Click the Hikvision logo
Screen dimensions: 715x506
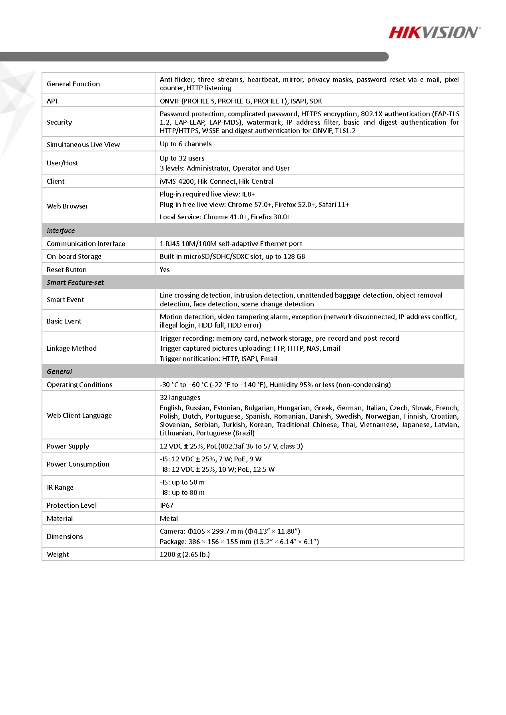(434, 32)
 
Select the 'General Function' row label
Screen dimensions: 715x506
(73, 84)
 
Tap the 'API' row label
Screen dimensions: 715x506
(52, 101)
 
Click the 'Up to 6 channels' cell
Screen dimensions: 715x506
(185, 144)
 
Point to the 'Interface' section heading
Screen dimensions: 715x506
(61, 230)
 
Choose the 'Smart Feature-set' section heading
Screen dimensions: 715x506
(75, 282)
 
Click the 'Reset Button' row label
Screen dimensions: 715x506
(66, 270)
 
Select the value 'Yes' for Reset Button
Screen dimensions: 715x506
(165, 270)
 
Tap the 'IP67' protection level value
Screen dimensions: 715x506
(167, 505)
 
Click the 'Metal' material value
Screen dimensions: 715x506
(169, 518)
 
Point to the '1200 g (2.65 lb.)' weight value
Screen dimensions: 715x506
(185, 554)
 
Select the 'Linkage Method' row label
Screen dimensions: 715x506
(72, 348)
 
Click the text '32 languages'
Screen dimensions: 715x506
(180, 397)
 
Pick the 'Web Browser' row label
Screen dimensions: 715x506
(67, 206)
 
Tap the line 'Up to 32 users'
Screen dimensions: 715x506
(182, 158)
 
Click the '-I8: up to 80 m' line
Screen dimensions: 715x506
(182, 493)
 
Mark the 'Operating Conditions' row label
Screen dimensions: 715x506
(80, 385)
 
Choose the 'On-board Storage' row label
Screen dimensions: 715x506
(74, 256)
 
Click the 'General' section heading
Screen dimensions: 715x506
(59, 371)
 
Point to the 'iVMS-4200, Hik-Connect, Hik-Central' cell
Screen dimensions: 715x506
(216, 181)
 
